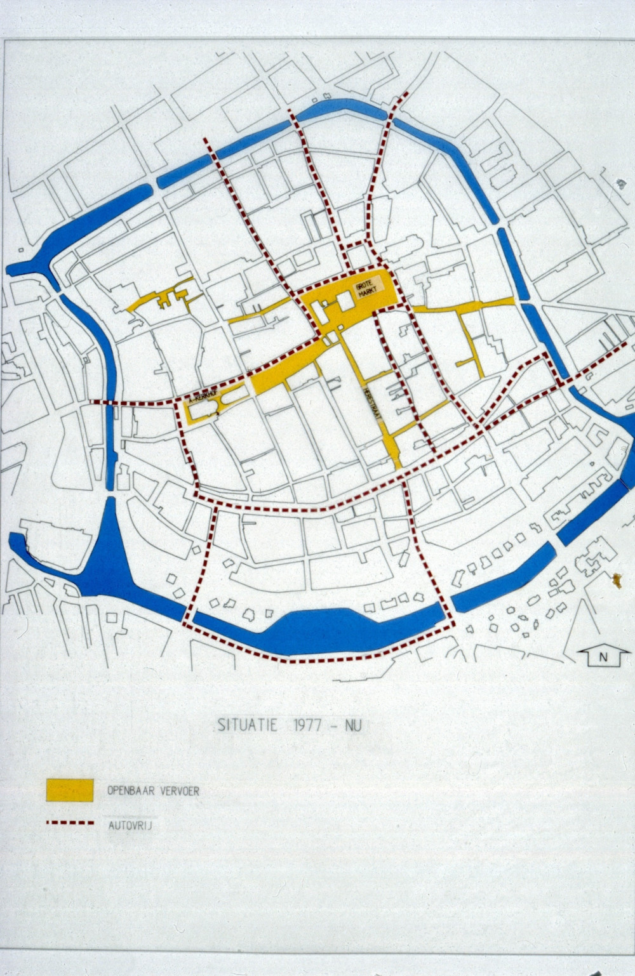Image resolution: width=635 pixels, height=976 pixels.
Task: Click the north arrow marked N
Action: point(599,658)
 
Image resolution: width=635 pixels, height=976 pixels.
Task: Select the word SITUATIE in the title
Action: point(247,725)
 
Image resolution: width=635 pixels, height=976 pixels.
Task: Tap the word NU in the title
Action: point(353,725)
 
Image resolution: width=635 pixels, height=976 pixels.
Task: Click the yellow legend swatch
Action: point(70,790)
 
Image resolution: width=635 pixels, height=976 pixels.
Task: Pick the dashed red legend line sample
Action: point(70,824)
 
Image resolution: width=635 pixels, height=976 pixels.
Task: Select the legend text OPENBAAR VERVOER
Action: point(153,791)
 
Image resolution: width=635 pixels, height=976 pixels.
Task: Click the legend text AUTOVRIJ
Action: point(130,826)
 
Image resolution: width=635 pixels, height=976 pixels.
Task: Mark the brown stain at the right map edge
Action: point(616,579)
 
